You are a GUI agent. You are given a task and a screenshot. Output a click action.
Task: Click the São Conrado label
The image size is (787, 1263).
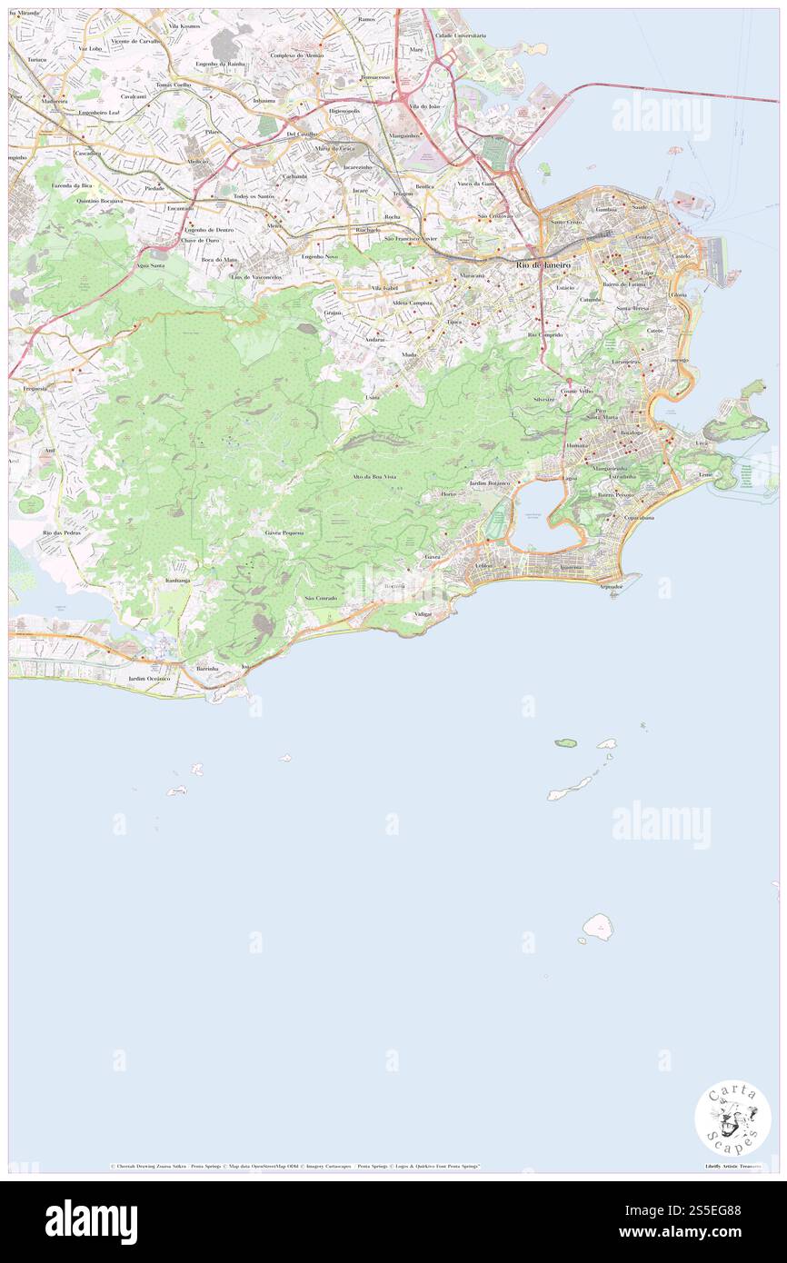coord(321,598)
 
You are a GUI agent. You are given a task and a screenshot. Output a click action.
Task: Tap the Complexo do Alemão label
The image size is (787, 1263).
coord(296,55)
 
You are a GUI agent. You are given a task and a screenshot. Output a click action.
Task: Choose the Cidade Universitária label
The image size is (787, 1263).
coord(461,35)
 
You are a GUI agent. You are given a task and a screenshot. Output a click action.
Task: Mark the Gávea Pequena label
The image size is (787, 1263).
coord(284,532)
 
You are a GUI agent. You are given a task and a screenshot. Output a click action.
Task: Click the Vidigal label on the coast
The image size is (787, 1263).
coord(423,614)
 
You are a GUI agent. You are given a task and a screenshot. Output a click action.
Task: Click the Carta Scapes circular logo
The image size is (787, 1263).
coord(732,1119)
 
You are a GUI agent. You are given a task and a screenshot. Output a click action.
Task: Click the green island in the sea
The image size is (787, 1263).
coord(565,743)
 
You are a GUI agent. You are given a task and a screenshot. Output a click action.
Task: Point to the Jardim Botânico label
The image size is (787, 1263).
coord(490,484)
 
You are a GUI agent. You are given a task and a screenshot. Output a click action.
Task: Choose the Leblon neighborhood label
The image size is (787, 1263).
coord(483,565)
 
